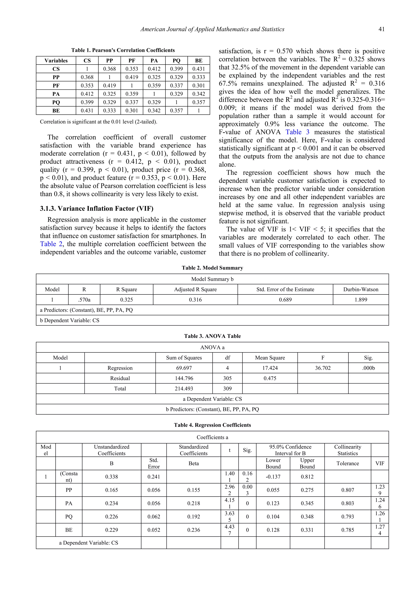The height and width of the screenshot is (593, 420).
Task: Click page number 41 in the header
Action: tap(381, 29)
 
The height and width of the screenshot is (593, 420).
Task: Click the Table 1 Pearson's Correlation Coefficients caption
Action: tap(123, 50)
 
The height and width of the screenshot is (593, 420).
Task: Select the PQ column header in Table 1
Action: tap(176, 61)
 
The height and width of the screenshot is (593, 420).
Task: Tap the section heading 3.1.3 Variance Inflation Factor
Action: tap(96, 208)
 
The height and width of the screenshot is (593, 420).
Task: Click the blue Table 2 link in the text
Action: tap(51, 244)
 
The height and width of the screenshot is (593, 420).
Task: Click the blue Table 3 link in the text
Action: tap(297, 132)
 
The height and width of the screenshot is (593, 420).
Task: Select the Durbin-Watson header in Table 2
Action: tap(361, 289)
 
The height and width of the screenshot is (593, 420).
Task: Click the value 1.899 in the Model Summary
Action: tap(361, 300)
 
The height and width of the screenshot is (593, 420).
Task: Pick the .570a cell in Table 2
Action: tap(84, 300)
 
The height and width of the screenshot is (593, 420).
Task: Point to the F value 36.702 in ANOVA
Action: tap(323, 368)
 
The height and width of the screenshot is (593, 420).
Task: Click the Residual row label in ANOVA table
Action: tap(120, 378)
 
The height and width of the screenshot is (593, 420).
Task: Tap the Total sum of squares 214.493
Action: tap(184, 388)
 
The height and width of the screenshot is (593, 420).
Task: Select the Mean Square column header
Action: tap(270, 358)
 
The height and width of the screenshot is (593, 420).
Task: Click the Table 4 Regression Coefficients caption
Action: tap(212, 425)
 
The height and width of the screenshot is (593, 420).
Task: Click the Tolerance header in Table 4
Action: tap(347, 463)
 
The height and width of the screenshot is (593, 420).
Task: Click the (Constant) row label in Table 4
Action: tap(68, 477)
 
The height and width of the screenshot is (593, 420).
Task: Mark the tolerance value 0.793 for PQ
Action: tap(347, 517)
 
